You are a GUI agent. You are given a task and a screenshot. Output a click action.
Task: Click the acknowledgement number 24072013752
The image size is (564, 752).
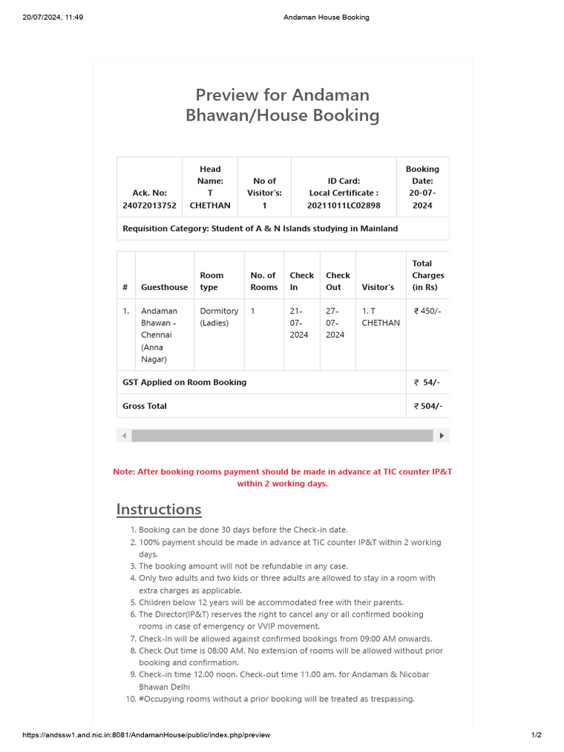149,206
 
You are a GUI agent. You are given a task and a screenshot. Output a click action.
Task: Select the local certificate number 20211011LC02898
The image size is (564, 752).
344,206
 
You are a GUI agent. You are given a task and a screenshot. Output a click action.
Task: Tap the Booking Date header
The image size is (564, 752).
422,175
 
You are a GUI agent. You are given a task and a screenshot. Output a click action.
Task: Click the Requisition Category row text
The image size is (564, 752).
260,228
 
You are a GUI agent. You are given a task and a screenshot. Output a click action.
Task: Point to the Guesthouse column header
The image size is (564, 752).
164,287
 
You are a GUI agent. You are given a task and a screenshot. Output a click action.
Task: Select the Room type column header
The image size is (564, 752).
212,281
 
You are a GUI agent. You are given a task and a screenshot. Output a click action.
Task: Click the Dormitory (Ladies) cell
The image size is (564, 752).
219,317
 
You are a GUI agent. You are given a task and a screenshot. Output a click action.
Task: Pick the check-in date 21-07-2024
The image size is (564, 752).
300,322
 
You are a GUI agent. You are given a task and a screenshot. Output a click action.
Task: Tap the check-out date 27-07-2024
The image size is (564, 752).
335,322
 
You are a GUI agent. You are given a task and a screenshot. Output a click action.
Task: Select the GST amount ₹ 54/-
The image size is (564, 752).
427,382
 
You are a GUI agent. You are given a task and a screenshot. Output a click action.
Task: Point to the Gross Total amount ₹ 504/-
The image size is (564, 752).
427,406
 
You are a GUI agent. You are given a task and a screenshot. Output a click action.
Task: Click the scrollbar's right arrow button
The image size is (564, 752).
441,435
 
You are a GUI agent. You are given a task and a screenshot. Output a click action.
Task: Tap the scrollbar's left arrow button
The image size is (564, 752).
124,435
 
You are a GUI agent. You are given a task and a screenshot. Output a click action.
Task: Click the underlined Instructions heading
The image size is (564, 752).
159,509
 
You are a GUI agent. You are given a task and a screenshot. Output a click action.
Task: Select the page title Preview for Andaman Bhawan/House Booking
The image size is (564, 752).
283,105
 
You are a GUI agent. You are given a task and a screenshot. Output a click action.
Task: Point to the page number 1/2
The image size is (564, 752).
536,735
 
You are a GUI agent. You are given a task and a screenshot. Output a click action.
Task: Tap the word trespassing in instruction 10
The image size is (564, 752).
390,699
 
